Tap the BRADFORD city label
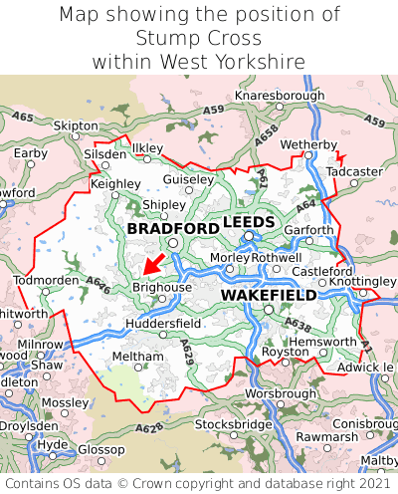click(173, 229)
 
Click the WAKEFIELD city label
click(269, 296)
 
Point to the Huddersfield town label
click(164, 324)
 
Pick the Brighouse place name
click(161, 287)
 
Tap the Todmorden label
click(46, 280)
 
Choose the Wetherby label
click(308, 145)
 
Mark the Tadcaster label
click(354, 171)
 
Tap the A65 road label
click(24, 118)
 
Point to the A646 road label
click(97, 284)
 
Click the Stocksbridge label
click(234, 424)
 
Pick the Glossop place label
click(101, 449)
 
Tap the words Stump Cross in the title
click(199, 38)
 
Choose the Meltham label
click(137, 356)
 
